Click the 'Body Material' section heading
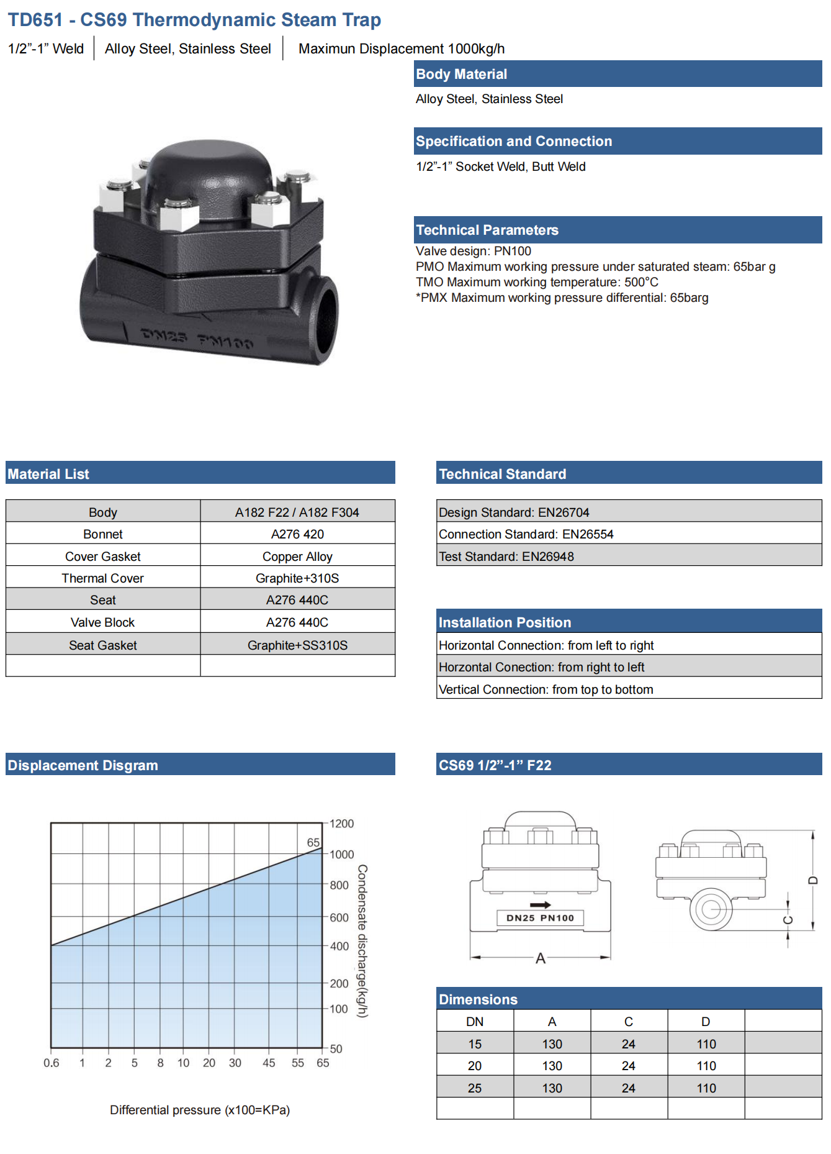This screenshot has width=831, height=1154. (x=461, y=74)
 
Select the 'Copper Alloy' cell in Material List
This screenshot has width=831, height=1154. (x=297, y=557)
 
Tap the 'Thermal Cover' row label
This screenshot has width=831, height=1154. (x=102, y=578)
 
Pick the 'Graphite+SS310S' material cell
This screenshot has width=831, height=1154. (x=297, y=645)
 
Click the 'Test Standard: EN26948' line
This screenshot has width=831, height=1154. (x=506, y=557)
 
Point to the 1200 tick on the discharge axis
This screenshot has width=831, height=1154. (x=341, y=824)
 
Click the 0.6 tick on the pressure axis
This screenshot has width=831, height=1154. (x=52, y=1063)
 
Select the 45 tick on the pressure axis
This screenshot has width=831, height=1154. (x=269, y=1063)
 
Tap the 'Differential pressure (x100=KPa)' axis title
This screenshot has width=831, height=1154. (x=200, y=1110)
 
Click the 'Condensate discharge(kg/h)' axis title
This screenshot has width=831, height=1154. (x=362, y=941)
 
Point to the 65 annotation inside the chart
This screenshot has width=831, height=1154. (x=313, y=842)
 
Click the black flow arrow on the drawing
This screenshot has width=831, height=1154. (x=541, y=905)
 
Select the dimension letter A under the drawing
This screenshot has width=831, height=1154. (x=541, y=958)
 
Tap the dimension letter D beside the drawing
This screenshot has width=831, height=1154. (x=813, y=880)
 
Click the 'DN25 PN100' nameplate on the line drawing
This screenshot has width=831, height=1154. (x=541, y=918)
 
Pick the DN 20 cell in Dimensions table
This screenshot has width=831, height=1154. (x=475, y=1066)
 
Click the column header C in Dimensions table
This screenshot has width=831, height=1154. (x=629, y=1022)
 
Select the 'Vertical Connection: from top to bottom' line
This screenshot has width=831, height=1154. (x=546, y=689)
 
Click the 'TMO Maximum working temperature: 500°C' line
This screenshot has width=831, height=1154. (x=537, y=282)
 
